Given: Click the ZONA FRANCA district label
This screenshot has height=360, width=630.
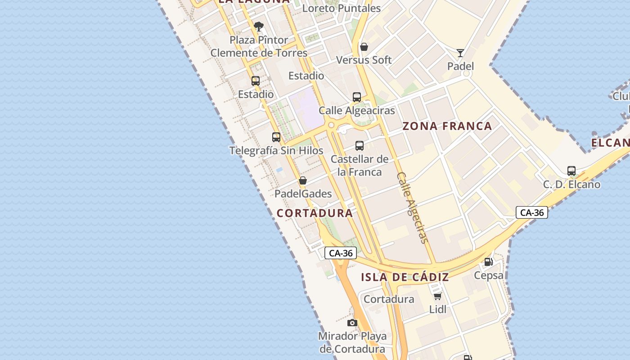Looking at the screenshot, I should coord(447,126).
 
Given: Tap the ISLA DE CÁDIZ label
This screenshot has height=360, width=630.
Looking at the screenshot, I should coord(405,277).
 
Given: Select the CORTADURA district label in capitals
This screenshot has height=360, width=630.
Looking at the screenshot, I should coord(315,213).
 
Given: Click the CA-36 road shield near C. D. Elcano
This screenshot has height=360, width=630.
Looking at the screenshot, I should coord(532,212).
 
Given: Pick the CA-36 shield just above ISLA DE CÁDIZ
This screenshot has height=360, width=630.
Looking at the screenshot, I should coord(341,253).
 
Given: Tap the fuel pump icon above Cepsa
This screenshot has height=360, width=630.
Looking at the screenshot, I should coord(488,262).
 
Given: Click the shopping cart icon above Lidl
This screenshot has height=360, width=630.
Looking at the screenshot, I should coord(437,296).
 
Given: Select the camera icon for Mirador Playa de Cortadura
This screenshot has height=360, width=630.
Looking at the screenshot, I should coord(352,323).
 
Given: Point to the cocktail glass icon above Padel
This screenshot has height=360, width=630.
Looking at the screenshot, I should coord(460,53).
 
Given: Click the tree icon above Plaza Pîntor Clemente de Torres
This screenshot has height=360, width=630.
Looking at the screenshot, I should coord(258,27).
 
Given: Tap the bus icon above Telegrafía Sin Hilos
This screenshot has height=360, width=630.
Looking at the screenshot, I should coord(276,137).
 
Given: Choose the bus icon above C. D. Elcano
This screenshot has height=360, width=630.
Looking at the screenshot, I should coord(571,171).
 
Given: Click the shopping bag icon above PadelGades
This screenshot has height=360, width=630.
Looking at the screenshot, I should coord(303,180).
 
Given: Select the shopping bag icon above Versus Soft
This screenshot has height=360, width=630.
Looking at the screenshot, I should coord(364,47).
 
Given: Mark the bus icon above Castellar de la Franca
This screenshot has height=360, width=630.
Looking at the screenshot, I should coord(359,145).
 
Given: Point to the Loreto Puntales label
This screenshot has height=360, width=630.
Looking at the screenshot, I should coord(341,8).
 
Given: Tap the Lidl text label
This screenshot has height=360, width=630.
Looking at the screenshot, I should coord(438,309).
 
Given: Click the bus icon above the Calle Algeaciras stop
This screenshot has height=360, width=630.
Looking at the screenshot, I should coord(357,97).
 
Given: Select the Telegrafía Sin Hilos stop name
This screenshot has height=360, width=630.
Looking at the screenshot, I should coord(276,150).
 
